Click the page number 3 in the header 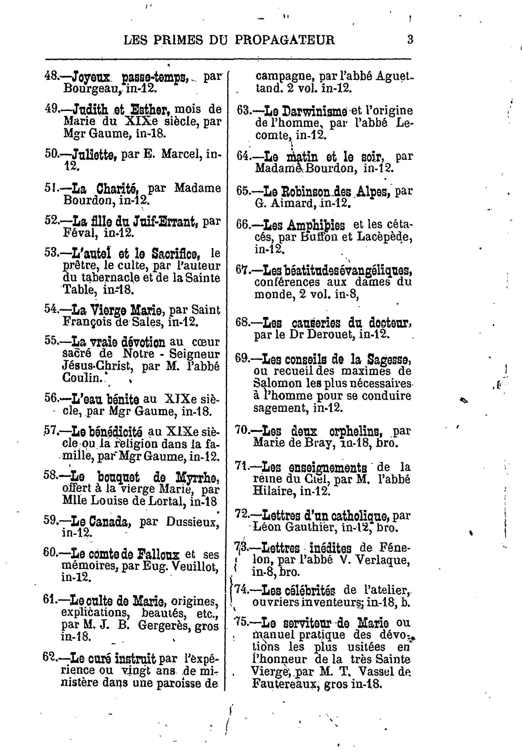point(410,40)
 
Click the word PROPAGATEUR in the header point(285,40)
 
